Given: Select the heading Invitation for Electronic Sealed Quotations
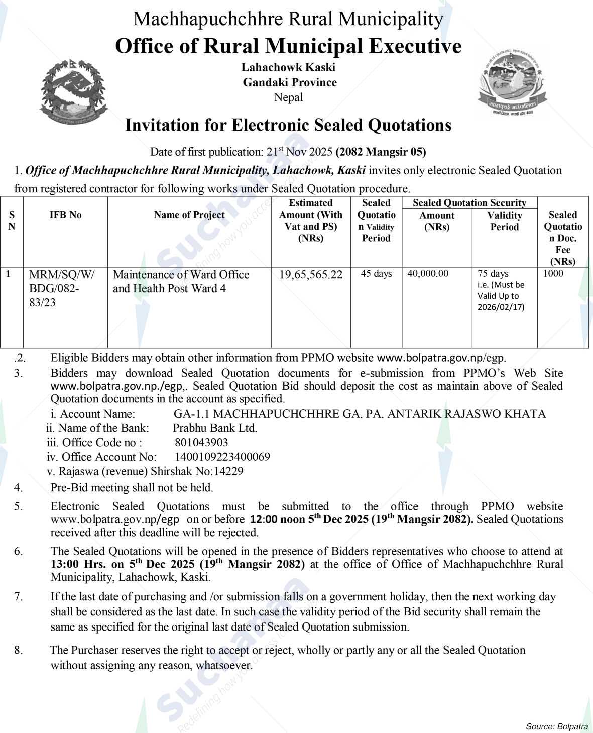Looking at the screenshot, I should pyautogui.click(x=288, y=125).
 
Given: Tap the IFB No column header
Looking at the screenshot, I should pyautogui.click(x=65, y=215).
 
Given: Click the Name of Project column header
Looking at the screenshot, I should pyautogui.click(x=189, y=215).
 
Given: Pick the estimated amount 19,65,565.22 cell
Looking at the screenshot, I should pyautogui.click(x=311, y=275).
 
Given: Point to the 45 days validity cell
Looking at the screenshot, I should pyautogui.click(x=376, y=274).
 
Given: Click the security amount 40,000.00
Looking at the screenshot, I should pyautogui.click(x=428, y=274).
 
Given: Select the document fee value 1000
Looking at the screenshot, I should pyautogui.click(x=553, y=274).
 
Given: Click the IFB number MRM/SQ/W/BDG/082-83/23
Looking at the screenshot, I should pyautogui.click(x=62, y=289).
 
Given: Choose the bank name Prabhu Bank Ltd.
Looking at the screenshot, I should pyautogui.click(x=215, y=428).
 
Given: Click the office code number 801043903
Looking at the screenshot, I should pyautogui.click(x=201, y=443).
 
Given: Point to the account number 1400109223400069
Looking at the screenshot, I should pyautogui.click(x=222, y=457).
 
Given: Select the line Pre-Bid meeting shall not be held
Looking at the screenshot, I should pyautogui.click(x=132, y=487).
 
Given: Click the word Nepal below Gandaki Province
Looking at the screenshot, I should pyautogui.click(x=288, y=97).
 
